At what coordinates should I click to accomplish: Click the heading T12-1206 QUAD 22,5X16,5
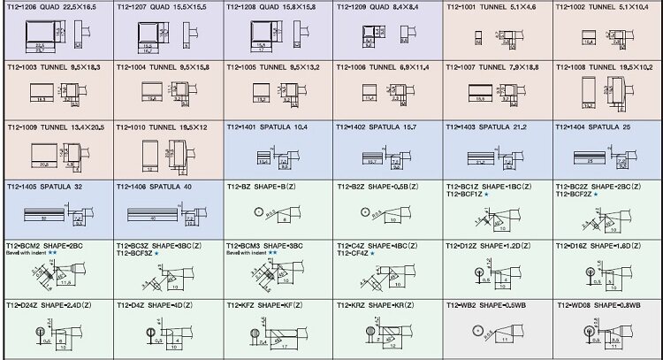pos(54,7)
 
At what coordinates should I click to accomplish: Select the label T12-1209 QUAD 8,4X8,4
pos(380,7)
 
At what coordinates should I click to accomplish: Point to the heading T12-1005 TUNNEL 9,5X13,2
pos(273,67)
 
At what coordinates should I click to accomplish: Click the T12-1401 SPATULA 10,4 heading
pos(267,127)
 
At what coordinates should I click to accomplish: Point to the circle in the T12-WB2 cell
pos(478,332)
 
